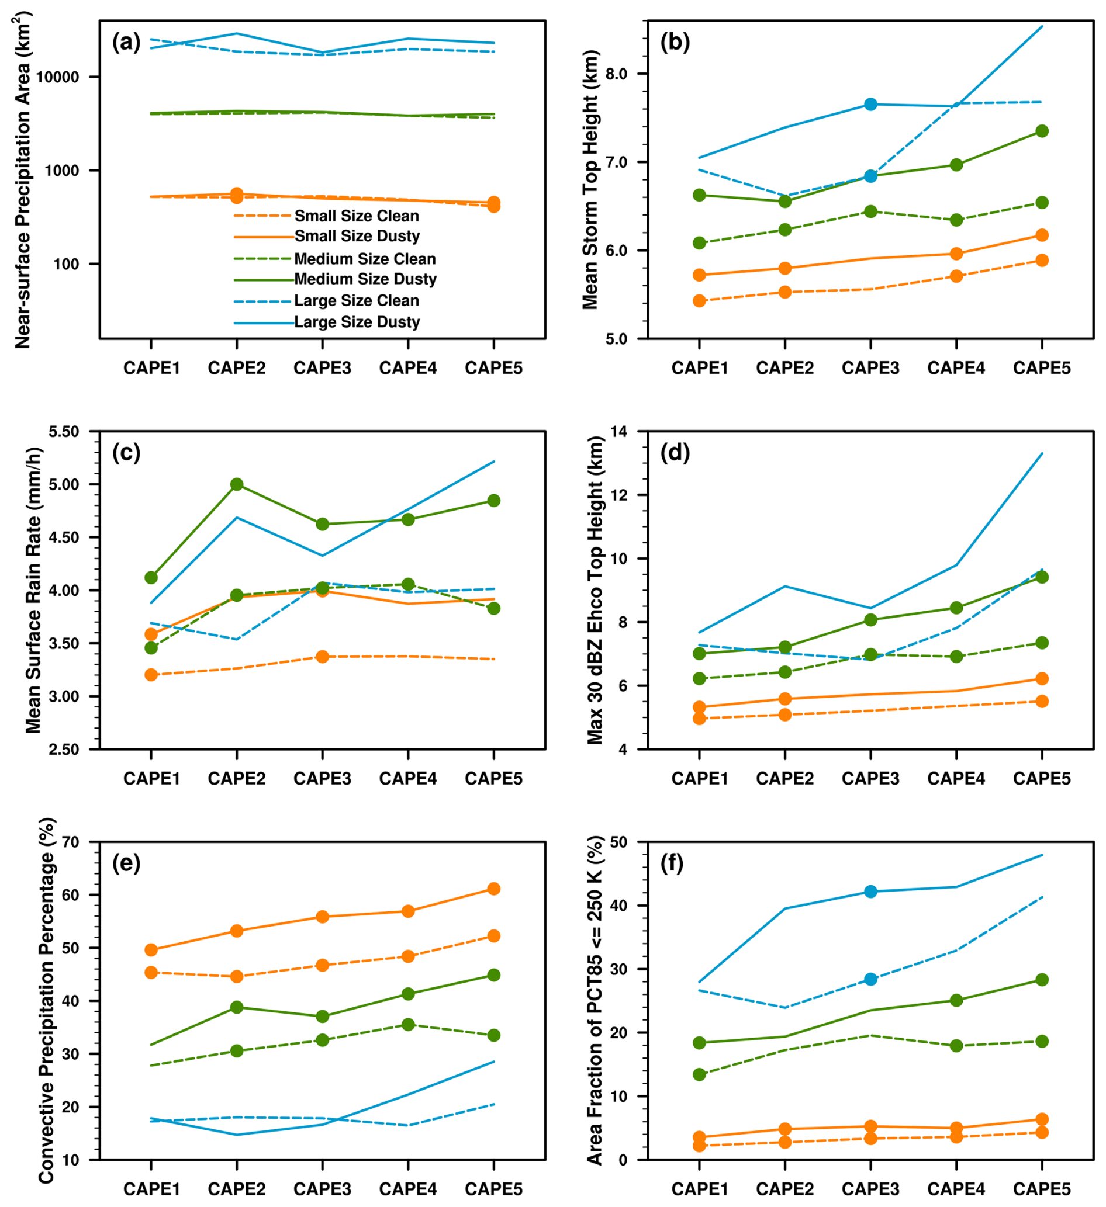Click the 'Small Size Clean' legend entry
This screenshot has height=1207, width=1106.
pos(357,216)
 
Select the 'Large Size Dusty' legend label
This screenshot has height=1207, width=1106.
pos(357,322)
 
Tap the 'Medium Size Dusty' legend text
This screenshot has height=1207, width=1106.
pos(365,279)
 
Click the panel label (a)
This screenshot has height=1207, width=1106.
pos(126,43)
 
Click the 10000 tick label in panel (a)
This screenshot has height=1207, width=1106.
pos(57,77)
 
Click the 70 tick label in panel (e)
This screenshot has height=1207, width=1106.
pos(70,842)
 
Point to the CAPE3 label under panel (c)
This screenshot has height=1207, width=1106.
pos(322,778)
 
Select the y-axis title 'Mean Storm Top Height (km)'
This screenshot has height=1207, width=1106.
pos(591,179)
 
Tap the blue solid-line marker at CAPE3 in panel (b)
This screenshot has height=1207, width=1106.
pos(870,105)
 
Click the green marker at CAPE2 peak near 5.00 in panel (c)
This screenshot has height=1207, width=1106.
pos(237,484)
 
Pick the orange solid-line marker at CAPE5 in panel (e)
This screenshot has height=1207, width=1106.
pos(494,889)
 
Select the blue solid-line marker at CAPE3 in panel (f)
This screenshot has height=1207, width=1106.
pos(870,892)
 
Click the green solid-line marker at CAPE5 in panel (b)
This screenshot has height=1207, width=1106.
pos(1042,131)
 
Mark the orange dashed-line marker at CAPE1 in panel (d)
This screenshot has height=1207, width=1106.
pos(699,719)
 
